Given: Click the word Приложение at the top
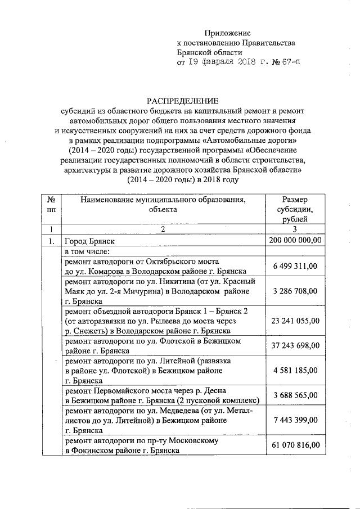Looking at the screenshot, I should pos(228,34).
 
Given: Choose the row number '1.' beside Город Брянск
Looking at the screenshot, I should pos(51,241).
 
